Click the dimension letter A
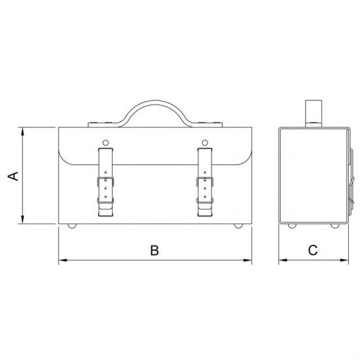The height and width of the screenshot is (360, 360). pyautogui.click(x=13, y=176)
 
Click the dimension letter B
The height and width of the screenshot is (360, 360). pyautogui.click(x=154, y=250)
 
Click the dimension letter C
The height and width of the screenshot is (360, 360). pyautogui.click(x=313, y=250)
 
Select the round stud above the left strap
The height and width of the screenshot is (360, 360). pyautogui.click(x=105, y=143)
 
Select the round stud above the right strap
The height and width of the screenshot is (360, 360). pyautogui.click(x=205, y=143)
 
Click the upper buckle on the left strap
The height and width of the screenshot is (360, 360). pyautogui.click(x=105, y=181)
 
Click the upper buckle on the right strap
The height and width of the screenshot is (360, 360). pyautogui.click(x=205, y=181)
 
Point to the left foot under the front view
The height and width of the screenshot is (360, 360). pyautogui.click(x=72, y=226)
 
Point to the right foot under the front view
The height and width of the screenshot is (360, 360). pyautogui.click(x=238, y=226)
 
